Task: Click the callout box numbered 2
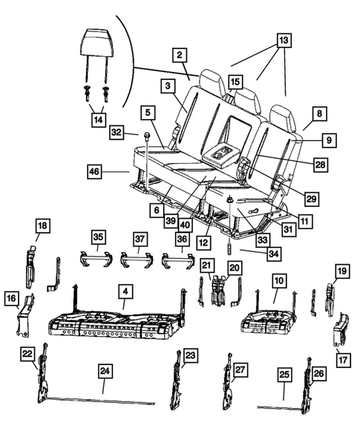[180, 55]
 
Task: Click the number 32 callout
[117, 132]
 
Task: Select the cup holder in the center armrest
[220, 154]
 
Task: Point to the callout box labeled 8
[320, 114]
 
